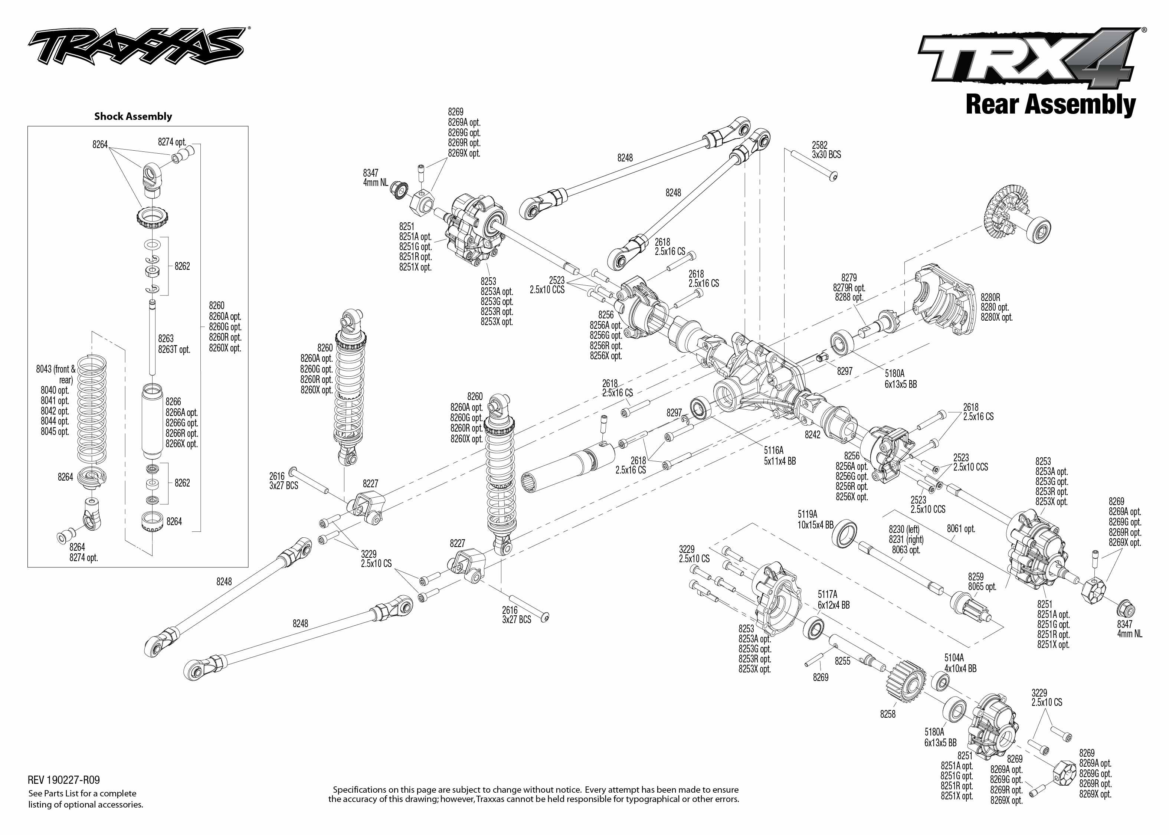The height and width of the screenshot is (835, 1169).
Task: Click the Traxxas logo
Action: [x=136, y=46]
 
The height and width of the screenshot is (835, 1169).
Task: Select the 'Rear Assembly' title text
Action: [x=1050, y=104]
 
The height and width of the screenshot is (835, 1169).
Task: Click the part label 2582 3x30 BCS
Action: [x=826, y=150]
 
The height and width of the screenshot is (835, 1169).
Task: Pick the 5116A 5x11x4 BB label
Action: [x=779, y=456]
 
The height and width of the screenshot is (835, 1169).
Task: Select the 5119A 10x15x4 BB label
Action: [x=815, y=519]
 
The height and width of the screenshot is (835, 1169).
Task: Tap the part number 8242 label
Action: [x=813, y=435]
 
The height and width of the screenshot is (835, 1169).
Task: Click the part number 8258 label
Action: [x=888, y=714]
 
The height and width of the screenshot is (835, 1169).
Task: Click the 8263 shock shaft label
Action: [x=166, y=339]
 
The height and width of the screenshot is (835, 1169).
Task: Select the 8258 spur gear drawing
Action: [x=906, y=684]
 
